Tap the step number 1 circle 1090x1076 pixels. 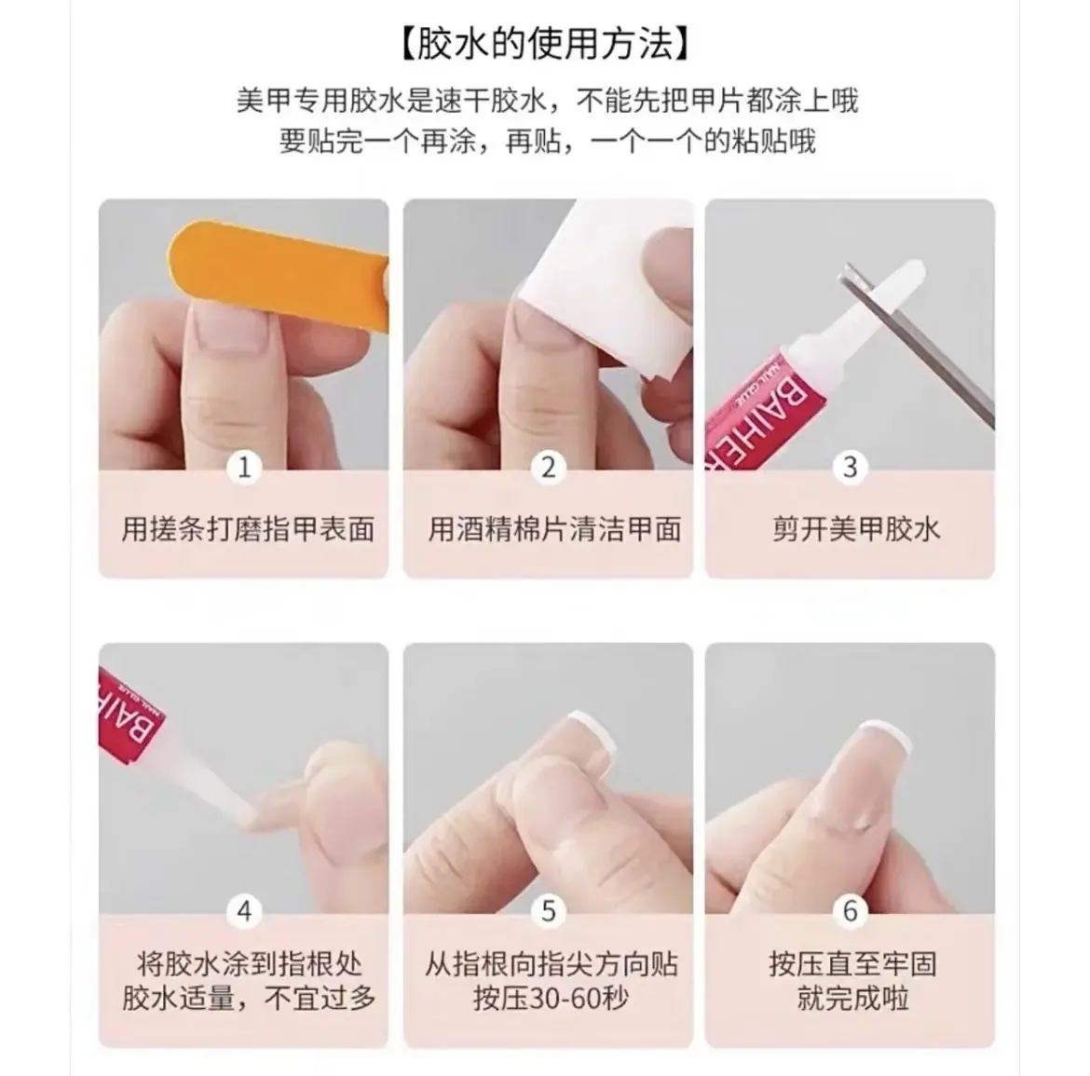coord(244,467)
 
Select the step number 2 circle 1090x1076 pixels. coord(548,467)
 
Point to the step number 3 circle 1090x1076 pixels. coord(850,467)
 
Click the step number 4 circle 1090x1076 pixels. coord(244,910)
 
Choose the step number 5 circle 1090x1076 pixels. coord(548,910)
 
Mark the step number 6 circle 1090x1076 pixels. coord(850,910)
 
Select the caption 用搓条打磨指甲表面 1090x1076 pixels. coord(248,529)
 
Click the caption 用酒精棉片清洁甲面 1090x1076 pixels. coord(554,529)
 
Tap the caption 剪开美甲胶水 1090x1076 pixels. coord(856,529)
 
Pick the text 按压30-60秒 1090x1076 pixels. coord(551,999)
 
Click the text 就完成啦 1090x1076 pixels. coord(853,999)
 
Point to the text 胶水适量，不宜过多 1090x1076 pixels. coord(249,999)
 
